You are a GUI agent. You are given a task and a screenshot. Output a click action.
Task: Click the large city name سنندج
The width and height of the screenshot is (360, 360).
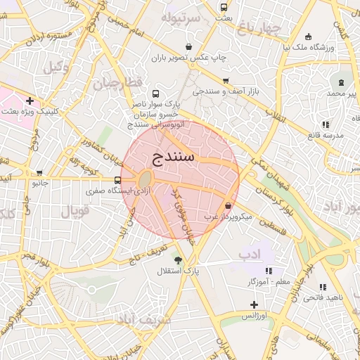[172, 155]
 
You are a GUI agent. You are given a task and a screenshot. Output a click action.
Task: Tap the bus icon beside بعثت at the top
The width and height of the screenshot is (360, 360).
[224, 8]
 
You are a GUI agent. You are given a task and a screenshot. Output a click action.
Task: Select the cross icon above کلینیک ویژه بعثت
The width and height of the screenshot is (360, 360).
[30, 101]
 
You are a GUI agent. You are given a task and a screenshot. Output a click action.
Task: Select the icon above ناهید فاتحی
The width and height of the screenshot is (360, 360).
[322, 287]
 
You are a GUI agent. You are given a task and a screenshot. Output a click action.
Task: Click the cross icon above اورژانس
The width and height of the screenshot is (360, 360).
[255, 304]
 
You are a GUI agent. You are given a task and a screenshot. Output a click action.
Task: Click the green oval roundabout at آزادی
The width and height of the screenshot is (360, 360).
[146, 179]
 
